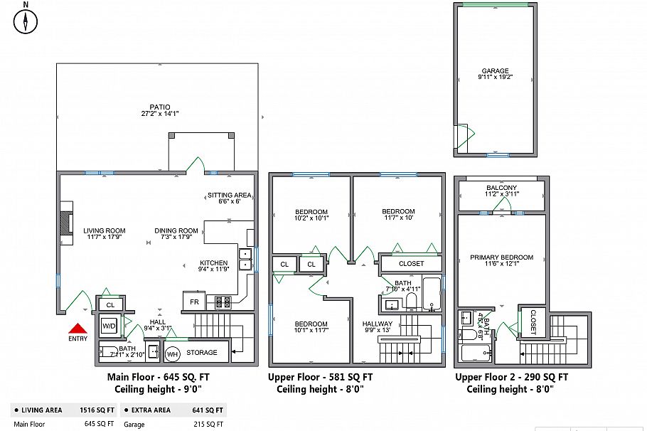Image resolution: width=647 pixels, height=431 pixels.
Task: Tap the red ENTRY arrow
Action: point(77,329)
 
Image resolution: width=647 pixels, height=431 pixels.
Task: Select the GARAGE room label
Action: point(495,71)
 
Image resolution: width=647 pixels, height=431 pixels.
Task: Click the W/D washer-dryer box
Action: point(109,326)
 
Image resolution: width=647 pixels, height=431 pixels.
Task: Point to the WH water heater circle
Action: point(172,353)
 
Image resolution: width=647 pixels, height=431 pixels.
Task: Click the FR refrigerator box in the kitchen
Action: point(192,302)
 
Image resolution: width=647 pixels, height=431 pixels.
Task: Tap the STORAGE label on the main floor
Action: point(202,353)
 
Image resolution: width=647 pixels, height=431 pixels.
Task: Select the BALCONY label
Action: point(501,188)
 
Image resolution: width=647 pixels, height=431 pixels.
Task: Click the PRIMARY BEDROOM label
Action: point(501,257)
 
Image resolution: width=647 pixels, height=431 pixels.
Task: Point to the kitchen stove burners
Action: point(223,302)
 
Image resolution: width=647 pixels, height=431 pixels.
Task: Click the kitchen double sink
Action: point(245,259)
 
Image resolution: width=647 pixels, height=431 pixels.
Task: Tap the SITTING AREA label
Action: point(229,195)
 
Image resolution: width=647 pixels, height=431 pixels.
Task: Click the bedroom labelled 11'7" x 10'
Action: point(398,211)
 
